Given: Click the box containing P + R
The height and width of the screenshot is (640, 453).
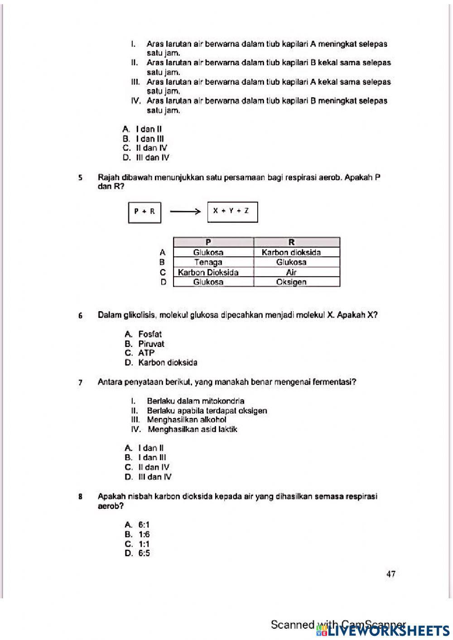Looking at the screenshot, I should [145, 212].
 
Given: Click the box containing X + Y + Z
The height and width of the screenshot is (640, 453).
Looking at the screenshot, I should [232, 212].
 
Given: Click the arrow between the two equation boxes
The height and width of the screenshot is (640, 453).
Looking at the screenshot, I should [185, 212].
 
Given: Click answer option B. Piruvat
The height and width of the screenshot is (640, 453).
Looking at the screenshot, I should [145, 344].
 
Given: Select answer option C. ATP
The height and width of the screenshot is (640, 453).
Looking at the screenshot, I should [140, 353].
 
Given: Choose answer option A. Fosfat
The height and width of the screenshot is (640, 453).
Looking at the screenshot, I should [144, 334].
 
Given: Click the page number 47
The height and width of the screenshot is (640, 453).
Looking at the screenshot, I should [390, 574].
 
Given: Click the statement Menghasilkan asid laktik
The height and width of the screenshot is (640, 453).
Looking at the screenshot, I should [192, 429].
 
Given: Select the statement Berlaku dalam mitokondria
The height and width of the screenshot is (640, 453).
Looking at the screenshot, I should [195, 401].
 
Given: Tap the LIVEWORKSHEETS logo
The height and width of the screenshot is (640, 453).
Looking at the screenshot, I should [385, 630].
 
